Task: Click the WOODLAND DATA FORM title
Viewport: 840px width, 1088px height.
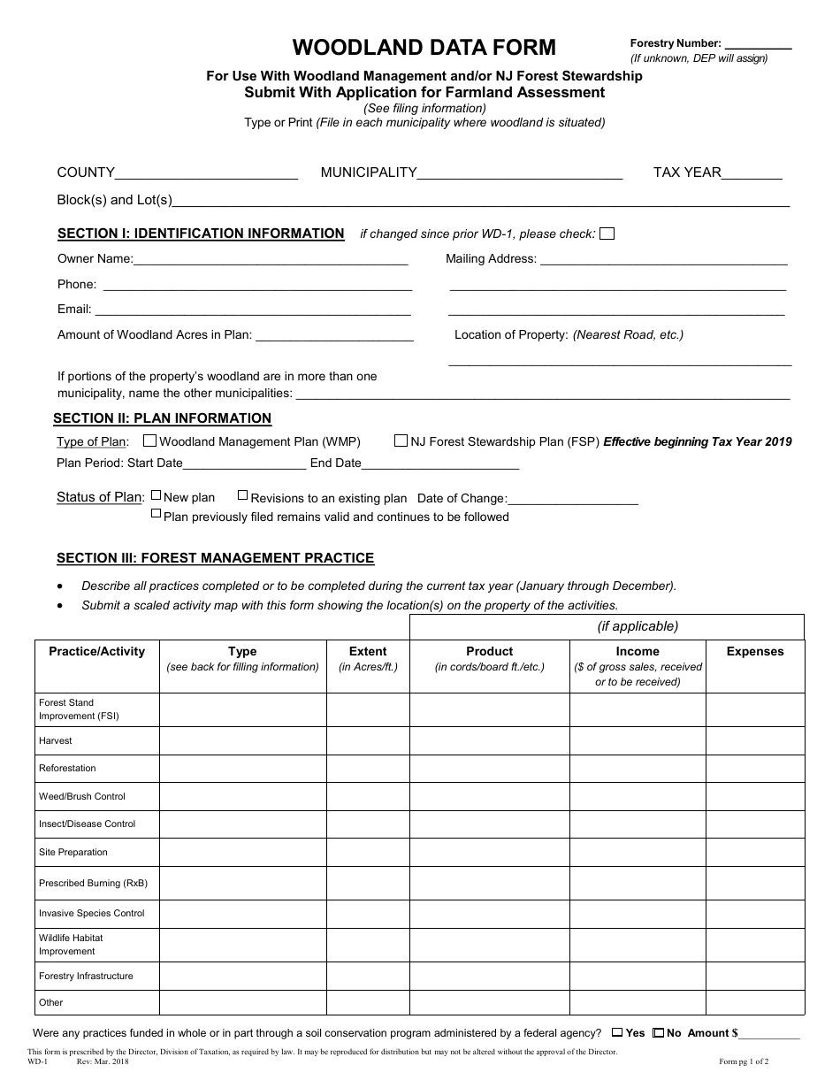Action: tap(424, 47)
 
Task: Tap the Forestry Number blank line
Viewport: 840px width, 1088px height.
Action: tap(758, 44)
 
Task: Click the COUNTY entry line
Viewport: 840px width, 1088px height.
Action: tap(206, 174)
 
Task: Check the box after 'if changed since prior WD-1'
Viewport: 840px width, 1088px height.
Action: tap(607, 234)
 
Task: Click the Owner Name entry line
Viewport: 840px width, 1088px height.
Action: tap(271, 260)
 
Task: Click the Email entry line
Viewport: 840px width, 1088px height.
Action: tap(252, 310)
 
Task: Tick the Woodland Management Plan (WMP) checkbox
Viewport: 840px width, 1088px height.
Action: tap(149, 441)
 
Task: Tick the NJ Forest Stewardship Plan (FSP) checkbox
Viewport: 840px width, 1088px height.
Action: tap(401, 441)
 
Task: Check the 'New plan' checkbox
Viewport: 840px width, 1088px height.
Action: tap(156, 496)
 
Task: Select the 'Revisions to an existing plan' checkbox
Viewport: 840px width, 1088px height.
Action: tap(243, 496)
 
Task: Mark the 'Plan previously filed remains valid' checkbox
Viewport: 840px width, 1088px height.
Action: tap(156, 513)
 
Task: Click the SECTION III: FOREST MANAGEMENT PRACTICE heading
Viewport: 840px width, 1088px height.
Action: tap(215, 558)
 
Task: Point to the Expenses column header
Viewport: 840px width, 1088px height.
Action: tap(755, 652)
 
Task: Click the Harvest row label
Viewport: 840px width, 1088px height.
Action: tap(56, 740)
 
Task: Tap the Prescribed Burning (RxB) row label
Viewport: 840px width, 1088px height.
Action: tap(93, 883)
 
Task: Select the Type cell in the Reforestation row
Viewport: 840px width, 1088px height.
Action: tap(242, 768)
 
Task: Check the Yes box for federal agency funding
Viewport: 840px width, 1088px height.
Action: tap(617, 1032)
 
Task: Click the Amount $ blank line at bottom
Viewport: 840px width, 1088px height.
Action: tap(770, 1034)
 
